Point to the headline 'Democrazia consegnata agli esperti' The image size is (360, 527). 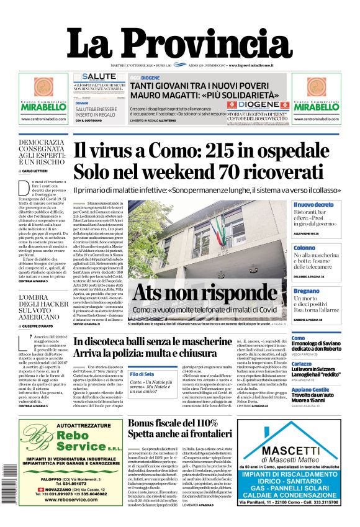click(40, 152)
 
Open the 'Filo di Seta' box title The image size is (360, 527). click(142, 374)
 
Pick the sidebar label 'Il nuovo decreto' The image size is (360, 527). click(313, 205)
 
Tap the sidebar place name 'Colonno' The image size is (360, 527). click(305, 248)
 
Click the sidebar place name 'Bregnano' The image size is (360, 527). click(307, 291)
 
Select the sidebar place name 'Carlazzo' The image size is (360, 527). click(302, 364)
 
